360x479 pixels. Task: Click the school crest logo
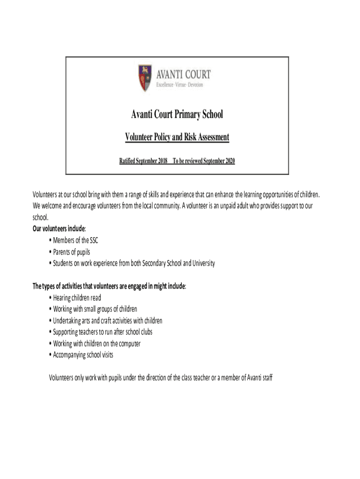click(144, 78)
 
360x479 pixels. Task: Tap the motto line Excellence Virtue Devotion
click(180, 85)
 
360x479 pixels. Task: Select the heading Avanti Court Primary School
click(177, 114)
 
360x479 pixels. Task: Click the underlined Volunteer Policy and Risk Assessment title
click(177, 137)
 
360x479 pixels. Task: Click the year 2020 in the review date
click(229, 161)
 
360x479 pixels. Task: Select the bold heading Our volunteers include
click(59, 229)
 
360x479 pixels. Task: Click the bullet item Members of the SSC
click(75, 240)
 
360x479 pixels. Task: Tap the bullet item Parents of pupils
click(72, 252)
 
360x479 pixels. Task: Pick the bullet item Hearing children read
click(77, 298)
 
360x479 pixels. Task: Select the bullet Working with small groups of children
click(95, 309)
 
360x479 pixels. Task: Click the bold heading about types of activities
click(109, 286)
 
